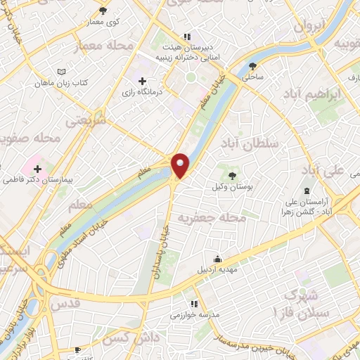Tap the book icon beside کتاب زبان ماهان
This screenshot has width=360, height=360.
[x=63, y=72]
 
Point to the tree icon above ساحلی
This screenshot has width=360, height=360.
[x=252, y=67]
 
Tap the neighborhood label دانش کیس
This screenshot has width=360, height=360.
[x=138, y=338]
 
